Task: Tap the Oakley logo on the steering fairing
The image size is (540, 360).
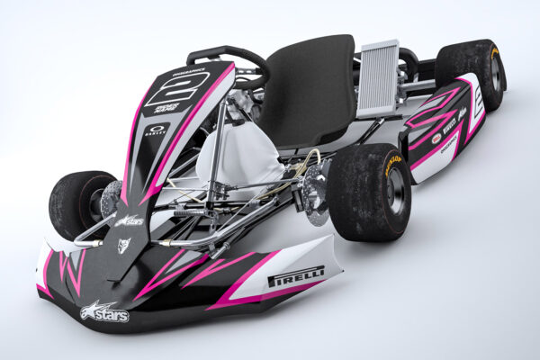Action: (156, 130)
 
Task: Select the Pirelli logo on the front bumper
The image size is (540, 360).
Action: (295, 275)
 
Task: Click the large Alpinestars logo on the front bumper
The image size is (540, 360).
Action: (104, 312)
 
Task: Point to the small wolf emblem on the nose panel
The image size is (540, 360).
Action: (123, 245)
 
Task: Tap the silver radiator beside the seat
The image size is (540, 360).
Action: (378, 78)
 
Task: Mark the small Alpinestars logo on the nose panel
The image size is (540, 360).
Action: (129, 220)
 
